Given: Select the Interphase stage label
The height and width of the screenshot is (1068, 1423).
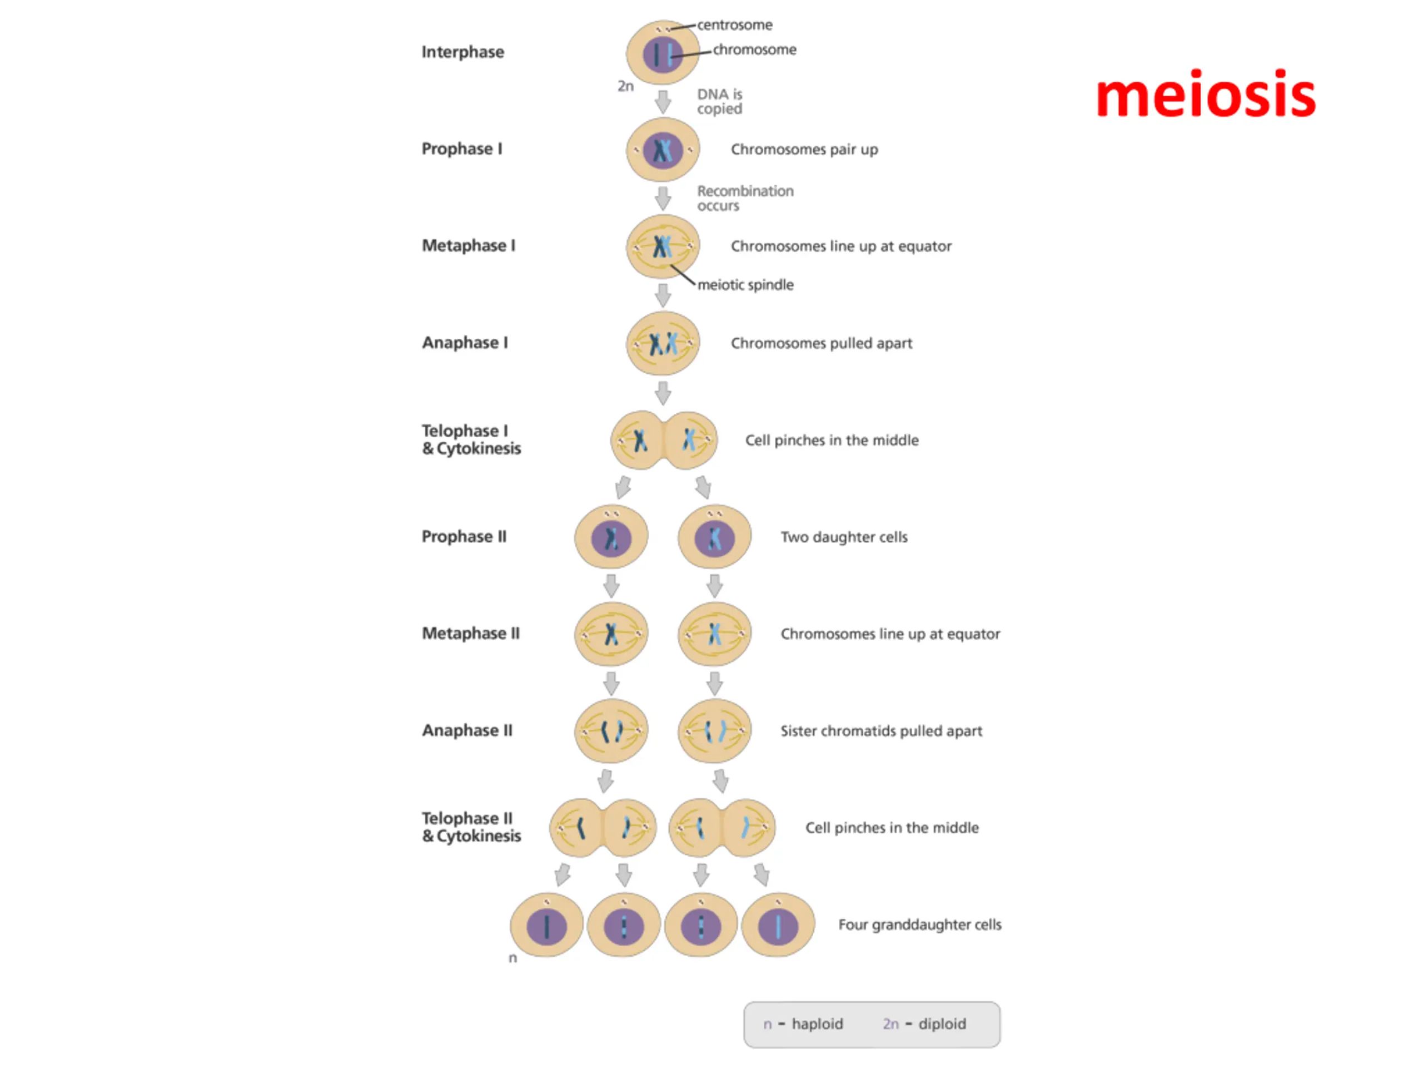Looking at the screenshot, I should click(x=462, y=52).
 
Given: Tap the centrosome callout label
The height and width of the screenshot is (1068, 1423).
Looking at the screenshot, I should click(x=735, y=25).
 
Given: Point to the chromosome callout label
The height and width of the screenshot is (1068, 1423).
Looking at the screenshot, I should click(x=754, y=50).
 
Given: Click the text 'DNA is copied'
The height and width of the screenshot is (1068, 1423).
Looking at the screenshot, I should click(x=719, y=102).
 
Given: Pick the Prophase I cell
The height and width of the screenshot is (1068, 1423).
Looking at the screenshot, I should click(x=663, y=150).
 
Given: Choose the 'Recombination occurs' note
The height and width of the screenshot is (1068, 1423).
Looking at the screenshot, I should click(x=745, y=198).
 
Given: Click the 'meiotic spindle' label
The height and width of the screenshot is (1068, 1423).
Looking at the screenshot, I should click(x=745, y=285).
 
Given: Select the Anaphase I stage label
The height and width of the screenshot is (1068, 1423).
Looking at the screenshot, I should click(x=465, y=343).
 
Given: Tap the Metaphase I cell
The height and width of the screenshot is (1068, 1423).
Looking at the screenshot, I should click(x=663, y=246).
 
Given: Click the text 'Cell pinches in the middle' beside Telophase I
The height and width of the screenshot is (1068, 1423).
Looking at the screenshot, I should click(x=831, y=441).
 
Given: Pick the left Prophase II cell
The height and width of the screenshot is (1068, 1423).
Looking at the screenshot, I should click(x=611, y=537).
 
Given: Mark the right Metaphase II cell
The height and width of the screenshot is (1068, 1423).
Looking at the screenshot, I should click(x=714, y=634).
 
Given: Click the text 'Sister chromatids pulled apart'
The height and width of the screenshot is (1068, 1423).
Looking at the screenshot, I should click(x=880, y=731).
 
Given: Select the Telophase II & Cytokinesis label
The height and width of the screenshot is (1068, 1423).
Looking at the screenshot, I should click(x=471, y=827).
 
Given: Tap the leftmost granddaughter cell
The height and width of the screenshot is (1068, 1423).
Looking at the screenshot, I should click(x=547, y=925).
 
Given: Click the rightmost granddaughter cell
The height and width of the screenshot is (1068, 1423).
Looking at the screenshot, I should click(x=778, y=925).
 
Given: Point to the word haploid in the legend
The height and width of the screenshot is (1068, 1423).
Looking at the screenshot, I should click(x=817, y=1024).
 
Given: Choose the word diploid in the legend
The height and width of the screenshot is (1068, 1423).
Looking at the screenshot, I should click(x=942, y=1024).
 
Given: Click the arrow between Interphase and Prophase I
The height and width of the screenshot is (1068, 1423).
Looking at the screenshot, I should click(x=663, y=102).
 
